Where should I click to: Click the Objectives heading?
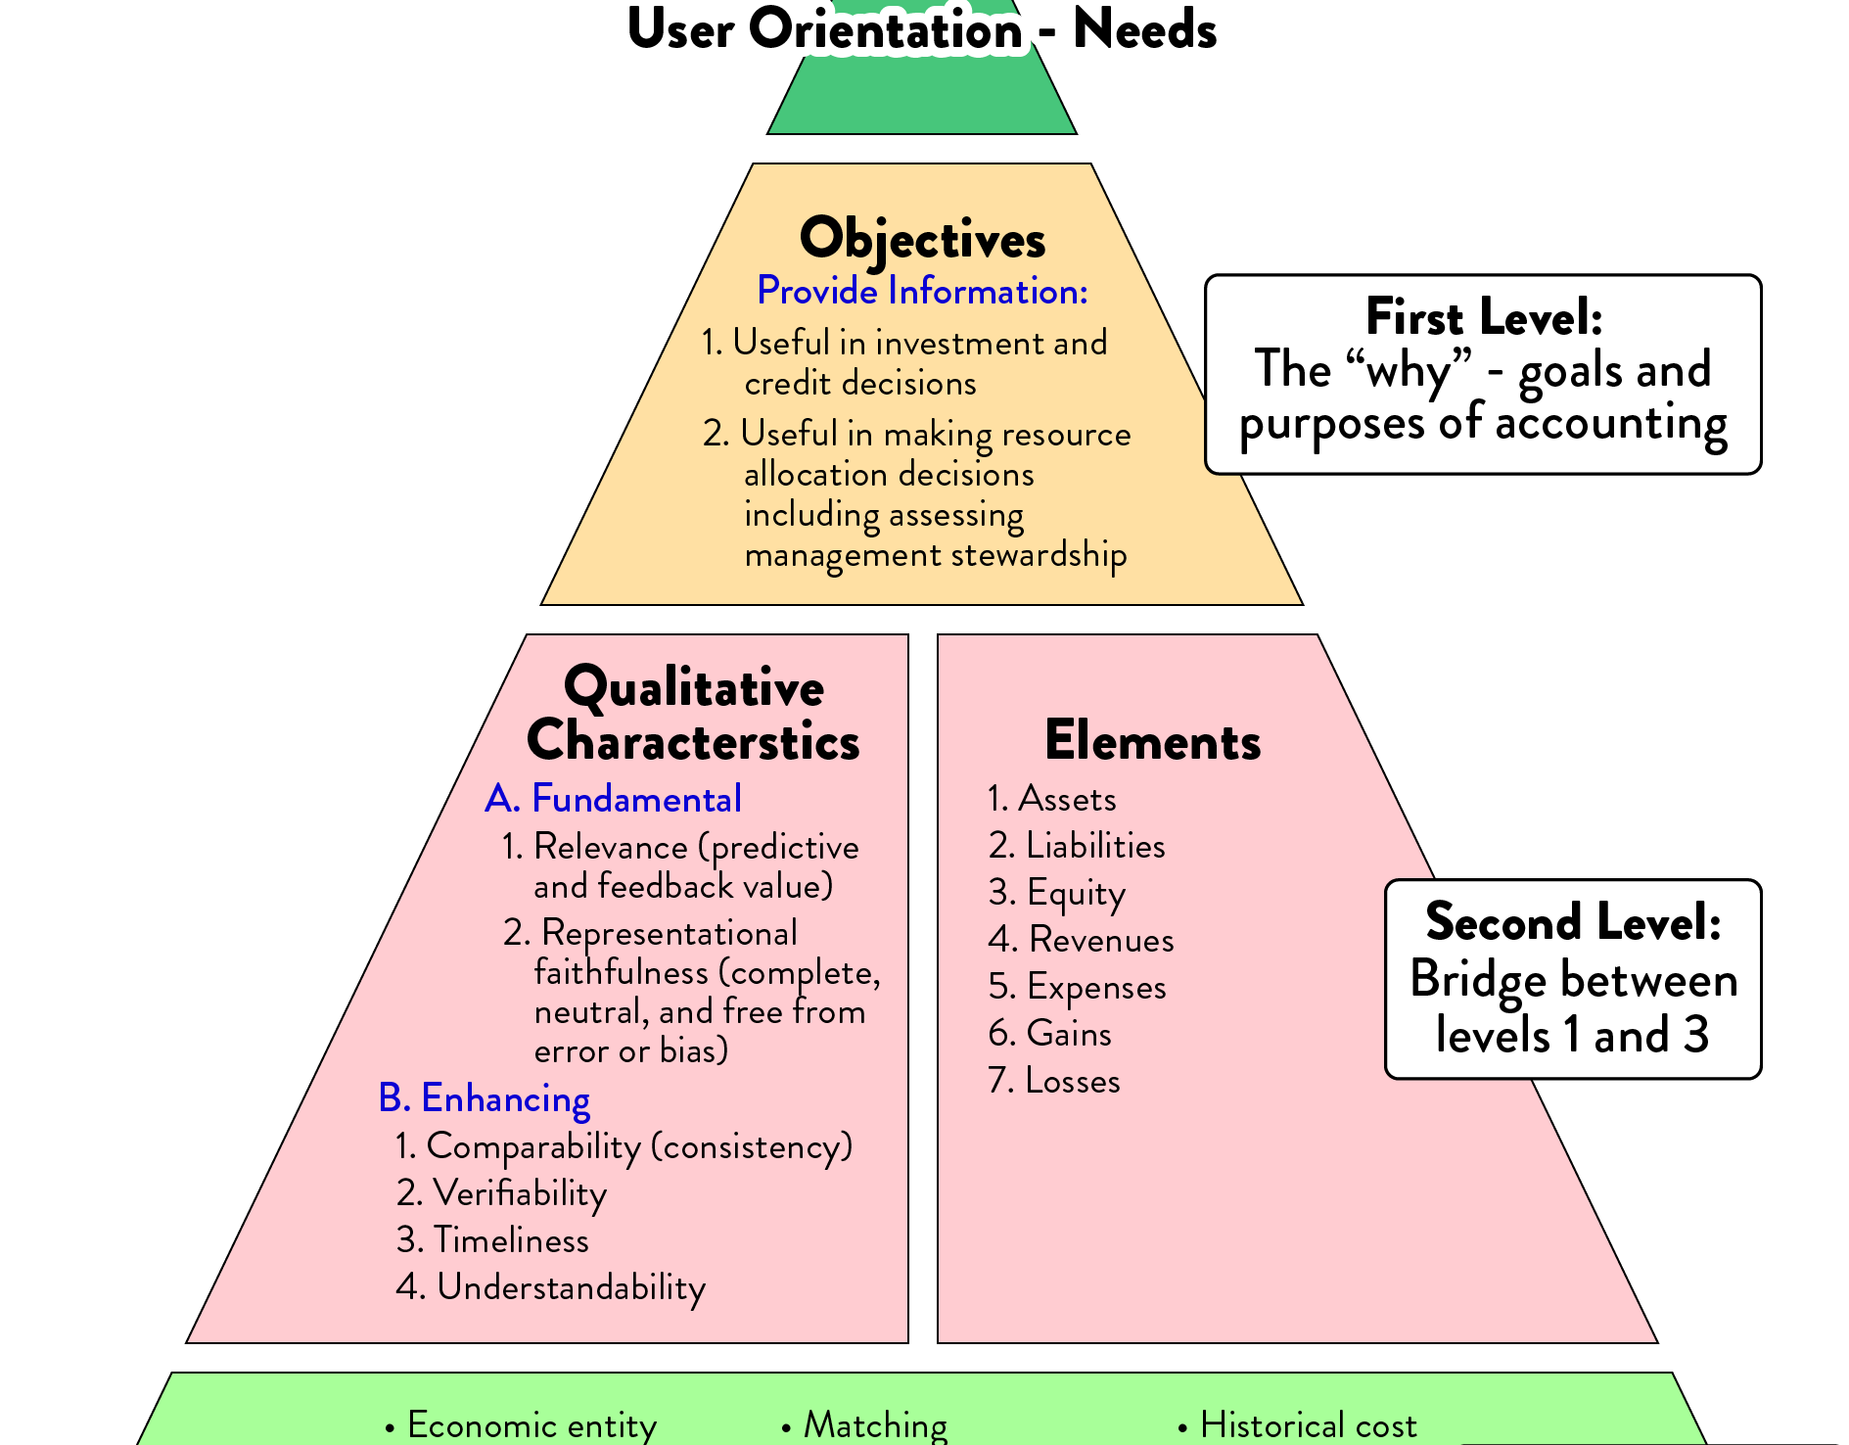tap(922, 239)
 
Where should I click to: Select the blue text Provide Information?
tap(922, 292)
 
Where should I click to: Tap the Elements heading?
tap(1152, 741)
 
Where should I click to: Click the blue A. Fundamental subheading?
tap(614, 799)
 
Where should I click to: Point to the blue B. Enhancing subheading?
tap(485, 1098)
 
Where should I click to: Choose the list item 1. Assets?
tap(1052, 799)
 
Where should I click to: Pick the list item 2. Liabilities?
tap(1077, 846)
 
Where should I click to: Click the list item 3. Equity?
tap(1057, 893)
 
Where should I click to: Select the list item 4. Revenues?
tap(1081, 940)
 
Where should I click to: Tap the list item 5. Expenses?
tap(1077, 987)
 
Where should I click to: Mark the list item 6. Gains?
tap(1050, 1034)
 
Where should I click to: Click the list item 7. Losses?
tap(1054, 1081)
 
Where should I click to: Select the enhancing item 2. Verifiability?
tap(501, 1193)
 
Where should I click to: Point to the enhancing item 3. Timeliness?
tap(492, 1240)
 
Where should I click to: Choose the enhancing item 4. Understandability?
tap(550, 1287)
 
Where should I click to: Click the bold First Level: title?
tap(1484, 317)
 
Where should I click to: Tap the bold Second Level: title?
tap(1573, 921)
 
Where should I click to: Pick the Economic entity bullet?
tap(523, 1425)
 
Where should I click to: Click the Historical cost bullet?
tap(1299, 1425)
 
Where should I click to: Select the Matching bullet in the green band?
tap(866, 1425)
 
